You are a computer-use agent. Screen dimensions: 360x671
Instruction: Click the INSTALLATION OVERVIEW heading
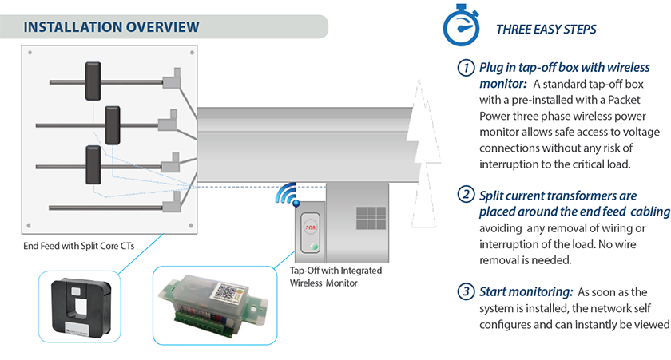tap(111, 26)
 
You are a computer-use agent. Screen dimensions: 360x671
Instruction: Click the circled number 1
tap(466, 69)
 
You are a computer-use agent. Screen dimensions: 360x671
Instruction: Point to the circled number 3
tap(466, 291)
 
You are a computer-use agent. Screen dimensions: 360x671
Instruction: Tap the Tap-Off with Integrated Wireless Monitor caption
tap(335, 276)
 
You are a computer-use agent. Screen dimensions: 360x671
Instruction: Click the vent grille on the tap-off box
tap(371, 218)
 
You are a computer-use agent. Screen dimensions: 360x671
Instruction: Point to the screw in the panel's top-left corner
tap(30, 53)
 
